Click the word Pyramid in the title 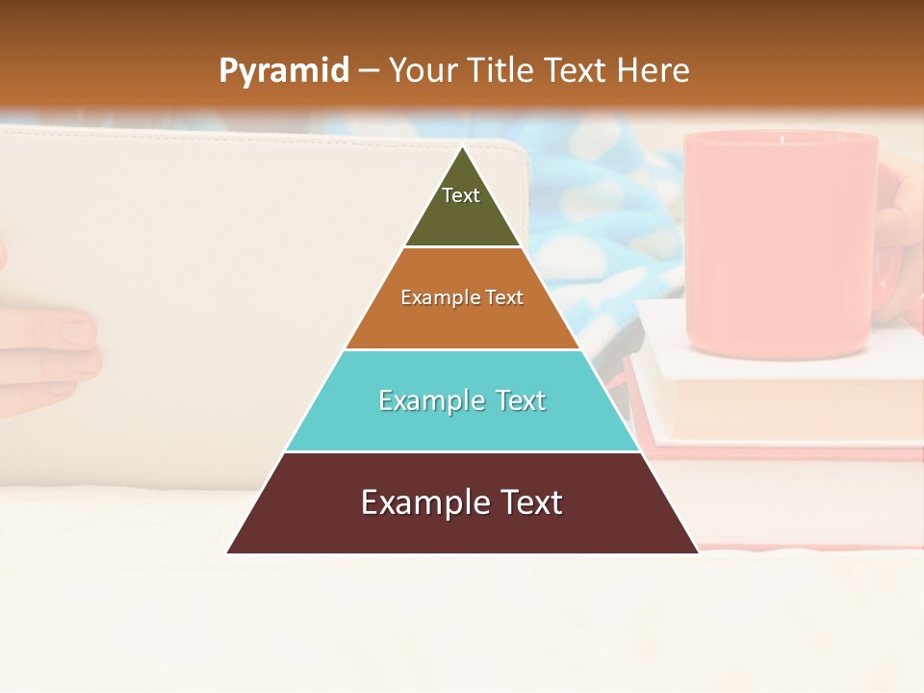283,71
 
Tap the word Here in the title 653,71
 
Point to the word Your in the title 423,71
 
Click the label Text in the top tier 461,195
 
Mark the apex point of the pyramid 463,147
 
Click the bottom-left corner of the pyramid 228,552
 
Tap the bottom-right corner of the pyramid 698,552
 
